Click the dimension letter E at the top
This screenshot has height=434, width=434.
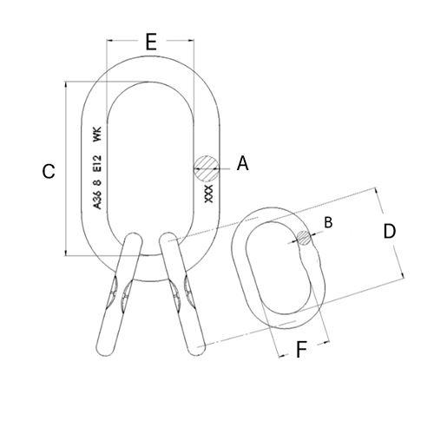(x=151, y=42)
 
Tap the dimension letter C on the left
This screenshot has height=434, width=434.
(x=49, y=171)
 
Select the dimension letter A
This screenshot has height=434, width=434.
(x=242, y=163)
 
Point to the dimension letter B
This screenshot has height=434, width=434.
(x=328, y=222)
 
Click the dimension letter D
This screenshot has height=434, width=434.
(x=389, y=231)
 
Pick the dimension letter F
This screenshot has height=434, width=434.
(x=301, y=349)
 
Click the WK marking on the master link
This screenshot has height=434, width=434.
(x=97, y=135)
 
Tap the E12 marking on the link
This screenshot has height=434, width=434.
(x=97, y=163)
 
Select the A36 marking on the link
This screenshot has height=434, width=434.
(x=97, y=200)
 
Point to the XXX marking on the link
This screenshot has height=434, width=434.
(x=208, y=194)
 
